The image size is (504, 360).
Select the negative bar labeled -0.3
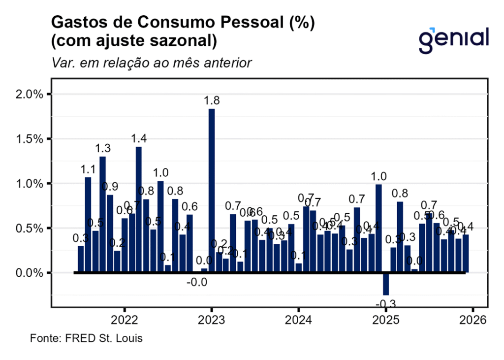386,284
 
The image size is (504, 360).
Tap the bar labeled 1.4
139,210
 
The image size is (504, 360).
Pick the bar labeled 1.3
102,215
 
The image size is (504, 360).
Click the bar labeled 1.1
88,225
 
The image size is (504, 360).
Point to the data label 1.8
213,100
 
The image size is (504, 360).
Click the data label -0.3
386,303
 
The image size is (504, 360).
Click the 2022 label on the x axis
124,320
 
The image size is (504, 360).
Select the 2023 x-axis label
212,320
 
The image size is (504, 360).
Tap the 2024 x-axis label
299,320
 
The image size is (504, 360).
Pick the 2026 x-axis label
473,320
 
